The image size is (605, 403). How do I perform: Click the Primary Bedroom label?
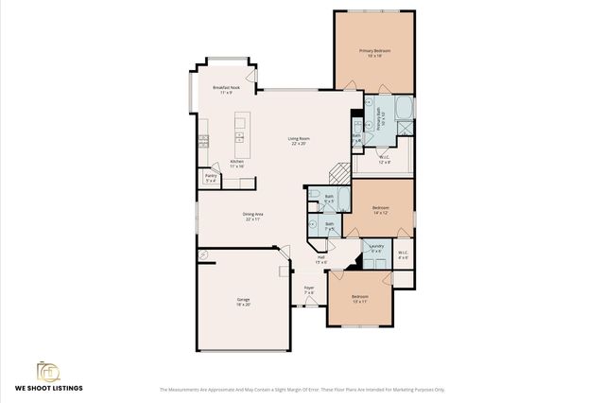click(x=375, y=52)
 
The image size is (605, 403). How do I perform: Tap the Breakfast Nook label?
click(x=227, y=90)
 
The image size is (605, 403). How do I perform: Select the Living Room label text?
click(x=299, y=142)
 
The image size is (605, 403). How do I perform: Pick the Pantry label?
click(x=211, y=177)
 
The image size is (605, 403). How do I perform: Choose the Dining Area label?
click(x=252, y=217)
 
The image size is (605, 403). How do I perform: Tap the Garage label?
click(x=243, y=302)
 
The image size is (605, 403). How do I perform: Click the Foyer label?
click(x=309, y=289)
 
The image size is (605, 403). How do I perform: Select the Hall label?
click(x=321, y=259)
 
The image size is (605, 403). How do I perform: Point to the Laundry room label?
click(x=376, y=249)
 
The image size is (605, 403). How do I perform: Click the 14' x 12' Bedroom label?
click(x=381, y=210)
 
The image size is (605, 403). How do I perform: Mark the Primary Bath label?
click(x=379, y=120)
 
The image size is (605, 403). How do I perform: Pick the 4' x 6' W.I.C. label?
click(x=403, y=254)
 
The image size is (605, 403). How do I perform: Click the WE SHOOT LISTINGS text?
click(x=47, y=389)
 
